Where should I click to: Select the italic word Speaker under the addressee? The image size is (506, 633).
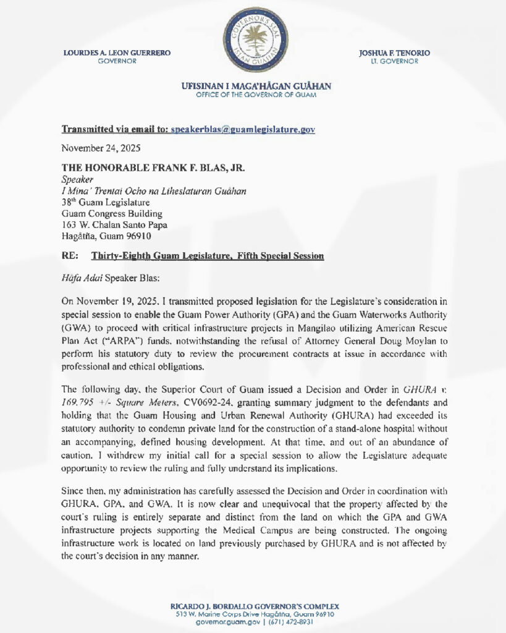point(77,180)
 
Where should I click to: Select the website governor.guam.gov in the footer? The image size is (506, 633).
point(229,622)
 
